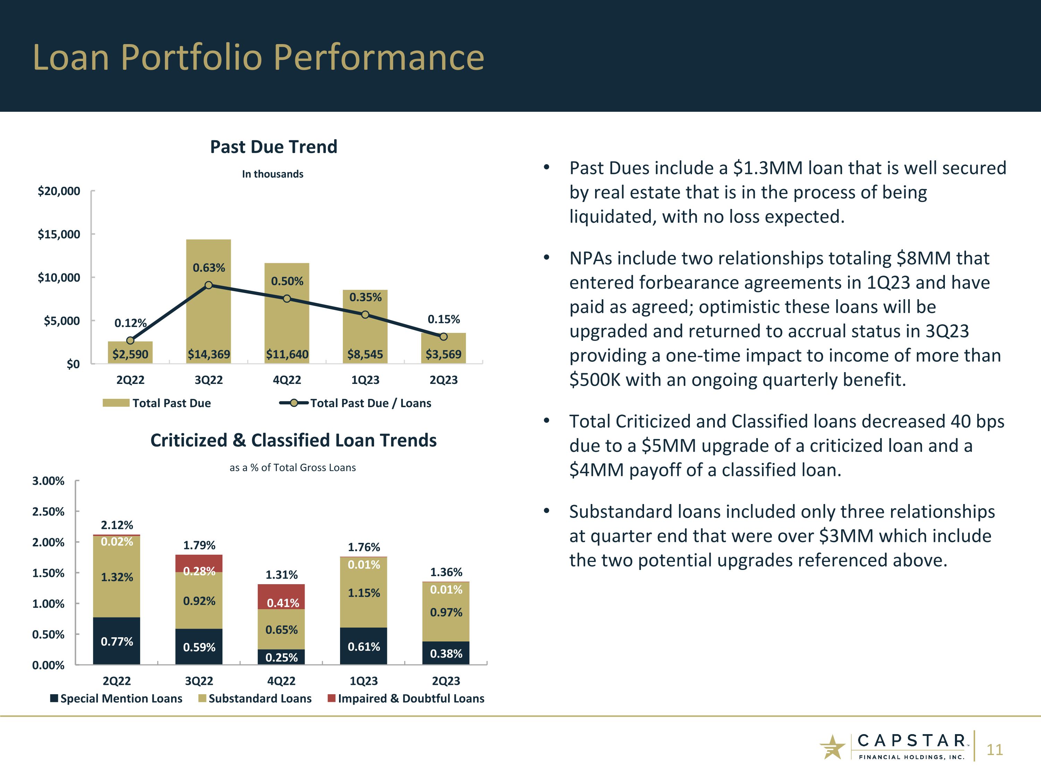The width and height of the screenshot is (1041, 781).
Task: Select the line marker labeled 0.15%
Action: click(x=443, y=337)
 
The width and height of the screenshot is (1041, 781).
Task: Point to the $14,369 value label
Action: click(x=209, y=354)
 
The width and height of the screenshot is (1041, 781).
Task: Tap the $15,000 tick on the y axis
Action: click(x=59, y=234)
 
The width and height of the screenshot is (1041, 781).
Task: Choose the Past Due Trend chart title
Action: click(x=273, y=147)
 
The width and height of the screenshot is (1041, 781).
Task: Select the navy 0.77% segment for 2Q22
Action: click(x=117, y=641)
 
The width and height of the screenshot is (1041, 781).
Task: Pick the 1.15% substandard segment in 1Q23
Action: click(x=363, y=593)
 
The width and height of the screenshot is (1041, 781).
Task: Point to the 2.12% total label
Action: click(x=117, y=525)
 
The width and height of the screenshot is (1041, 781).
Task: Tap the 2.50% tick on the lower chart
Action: click(x=48, y=512)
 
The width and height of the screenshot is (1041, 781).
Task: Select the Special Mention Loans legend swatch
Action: click(x=54, y=698)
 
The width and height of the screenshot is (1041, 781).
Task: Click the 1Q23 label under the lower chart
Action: click(x=363, y=681)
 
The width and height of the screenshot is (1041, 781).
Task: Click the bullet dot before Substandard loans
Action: click(x=547, y=511)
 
